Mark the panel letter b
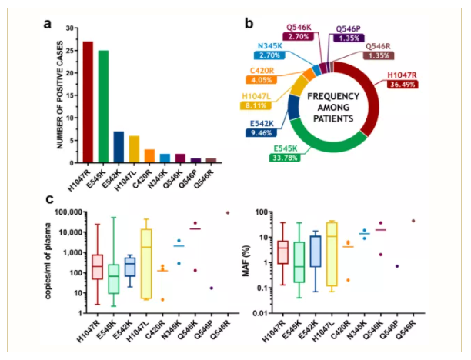click(248, 22)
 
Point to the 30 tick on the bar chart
click(71, 28)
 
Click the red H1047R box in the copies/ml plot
click(97, 266)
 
